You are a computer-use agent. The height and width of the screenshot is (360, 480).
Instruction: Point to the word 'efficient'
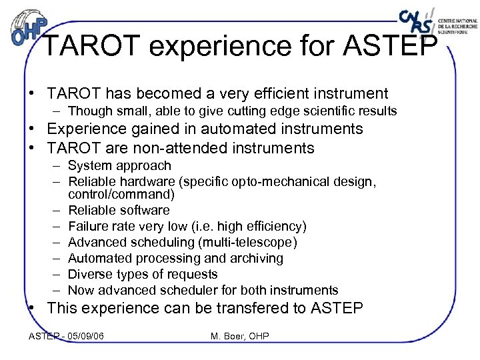click(289, 93)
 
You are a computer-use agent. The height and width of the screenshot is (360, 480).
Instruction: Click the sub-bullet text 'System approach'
click(119, 165)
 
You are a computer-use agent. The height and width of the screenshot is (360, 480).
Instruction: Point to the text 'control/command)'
click(121, 195)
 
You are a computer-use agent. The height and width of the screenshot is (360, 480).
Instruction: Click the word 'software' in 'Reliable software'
click(142, 210)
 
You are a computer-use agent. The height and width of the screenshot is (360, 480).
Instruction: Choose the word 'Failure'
click(89, 226)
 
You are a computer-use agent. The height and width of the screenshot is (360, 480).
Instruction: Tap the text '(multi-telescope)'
click(249, 242)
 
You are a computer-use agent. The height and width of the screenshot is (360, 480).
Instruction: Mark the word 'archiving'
click(256, 258)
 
